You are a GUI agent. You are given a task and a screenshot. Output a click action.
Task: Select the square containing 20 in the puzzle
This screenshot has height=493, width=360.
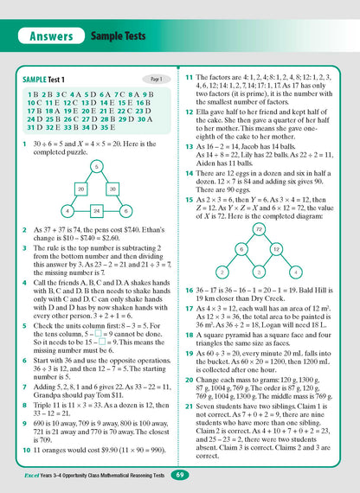pyautogui.click(x=80, y=187)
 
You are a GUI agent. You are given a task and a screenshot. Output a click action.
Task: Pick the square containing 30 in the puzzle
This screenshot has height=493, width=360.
pyautogui.click(x=113, y=187)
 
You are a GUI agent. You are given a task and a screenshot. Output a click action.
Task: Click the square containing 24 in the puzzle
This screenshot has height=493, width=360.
pyautogui.click(x=97, y=210)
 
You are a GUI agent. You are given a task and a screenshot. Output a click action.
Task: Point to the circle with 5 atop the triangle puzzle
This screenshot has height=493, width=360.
pyautogui.click(x=97, y=164)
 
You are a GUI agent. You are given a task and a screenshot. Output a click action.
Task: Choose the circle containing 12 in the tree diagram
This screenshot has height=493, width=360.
pyautogui.click(x=279, y=250)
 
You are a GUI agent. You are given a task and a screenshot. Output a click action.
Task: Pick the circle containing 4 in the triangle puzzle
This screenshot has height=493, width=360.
pyautogui.click(x=67, y=210)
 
